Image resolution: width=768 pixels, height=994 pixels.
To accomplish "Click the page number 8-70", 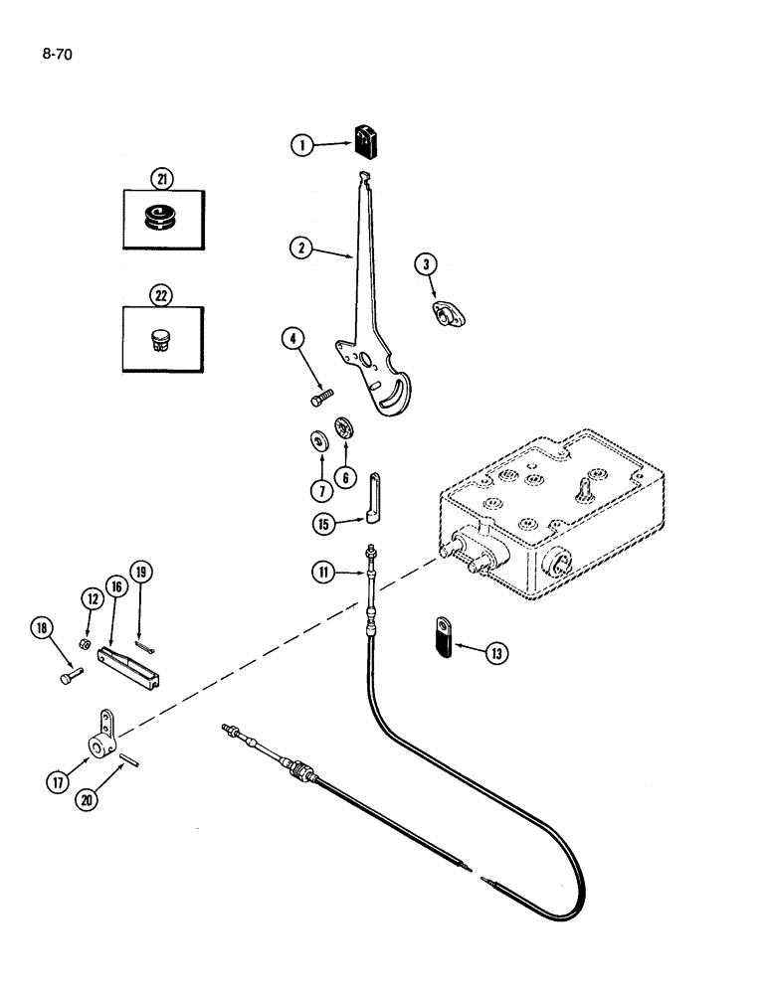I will click(x=57, y=45).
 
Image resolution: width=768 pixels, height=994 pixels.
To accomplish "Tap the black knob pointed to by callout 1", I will click(x=367, y=139).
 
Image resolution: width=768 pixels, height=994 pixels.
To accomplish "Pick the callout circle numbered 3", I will click(x=426, y=263).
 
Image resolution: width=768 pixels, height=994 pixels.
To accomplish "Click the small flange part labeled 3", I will click(x=448, y=316).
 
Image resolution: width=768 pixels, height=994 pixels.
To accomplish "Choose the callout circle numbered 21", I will click(x=161, y=179).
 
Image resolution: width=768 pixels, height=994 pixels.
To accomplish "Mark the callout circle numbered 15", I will click(x=319, y=522).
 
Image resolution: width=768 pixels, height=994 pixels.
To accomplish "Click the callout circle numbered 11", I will click(x=321, y=572).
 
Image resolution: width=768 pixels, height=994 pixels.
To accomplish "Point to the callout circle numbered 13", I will click(x=494, y=653).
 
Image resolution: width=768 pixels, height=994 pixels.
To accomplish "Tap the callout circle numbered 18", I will click(x=41, y=627).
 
